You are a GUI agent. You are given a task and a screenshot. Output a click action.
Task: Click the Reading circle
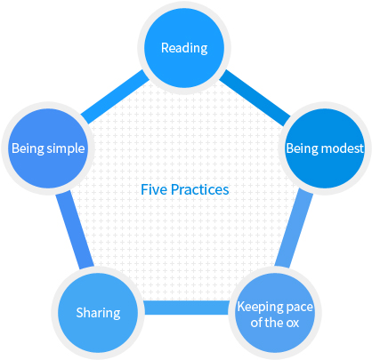point(184,48)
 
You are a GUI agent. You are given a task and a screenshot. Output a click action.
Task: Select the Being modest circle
point(325,148)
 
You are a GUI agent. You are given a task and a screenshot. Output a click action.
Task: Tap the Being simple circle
point(48,148)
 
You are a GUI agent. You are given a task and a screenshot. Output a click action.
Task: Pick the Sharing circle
point(98,313)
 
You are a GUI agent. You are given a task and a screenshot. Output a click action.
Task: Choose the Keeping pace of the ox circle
point(275,313)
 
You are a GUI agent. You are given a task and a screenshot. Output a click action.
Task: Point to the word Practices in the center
point(200,189)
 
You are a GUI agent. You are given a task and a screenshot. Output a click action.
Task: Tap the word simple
point(66,148)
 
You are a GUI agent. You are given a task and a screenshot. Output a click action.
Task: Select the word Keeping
point(255,308)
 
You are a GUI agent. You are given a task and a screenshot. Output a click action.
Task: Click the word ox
point(293,323)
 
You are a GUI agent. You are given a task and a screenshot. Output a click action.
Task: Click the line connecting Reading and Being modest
point(255,97)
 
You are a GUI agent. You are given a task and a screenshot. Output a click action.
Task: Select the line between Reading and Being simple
point(115,97)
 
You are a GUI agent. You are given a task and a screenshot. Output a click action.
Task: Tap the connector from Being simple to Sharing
point(75,230)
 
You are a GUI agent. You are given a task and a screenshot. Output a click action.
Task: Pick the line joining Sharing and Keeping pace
point(186,308)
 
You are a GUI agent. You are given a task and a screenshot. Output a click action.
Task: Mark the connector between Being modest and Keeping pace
point(294,229)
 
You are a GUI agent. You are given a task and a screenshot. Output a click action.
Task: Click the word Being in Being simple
point(28,148)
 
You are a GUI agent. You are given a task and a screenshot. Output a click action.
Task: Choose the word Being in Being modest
point(302,148)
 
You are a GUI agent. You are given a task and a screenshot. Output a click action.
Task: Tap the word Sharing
point(98,313)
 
